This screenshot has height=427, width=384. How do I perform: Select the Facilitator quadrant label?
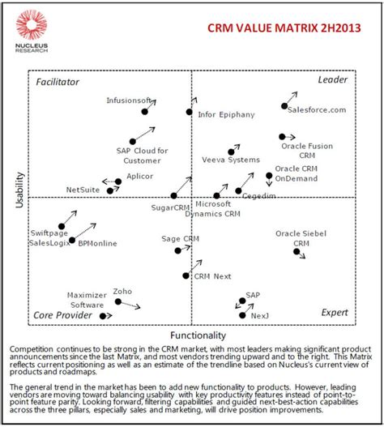58,82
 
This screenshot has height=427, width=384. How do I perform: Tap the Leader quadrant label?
332,80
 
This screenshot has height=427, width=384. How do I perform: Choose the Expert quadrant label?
334,312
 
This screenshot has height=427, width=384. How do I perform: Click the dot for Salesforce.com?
284,106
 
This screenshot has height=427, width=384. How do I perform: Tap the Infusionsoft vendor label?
129,100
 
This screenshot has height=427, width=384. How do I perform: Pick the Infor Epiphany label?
226,114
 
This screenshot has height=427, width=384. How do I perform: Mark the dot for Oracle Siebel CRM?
297,252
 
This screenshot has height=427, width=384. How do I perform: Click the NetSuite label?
83,190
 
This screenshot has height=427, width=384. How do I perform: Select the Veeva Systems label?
231,160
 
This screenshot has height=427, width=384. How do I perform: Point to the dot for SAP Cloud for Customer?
132,141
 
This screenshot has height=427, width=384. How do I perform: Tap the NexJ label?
259,315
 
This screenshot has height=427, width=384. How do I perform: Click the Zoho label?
122,291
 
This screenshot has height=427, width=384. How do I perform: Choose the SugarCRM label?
172,207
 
